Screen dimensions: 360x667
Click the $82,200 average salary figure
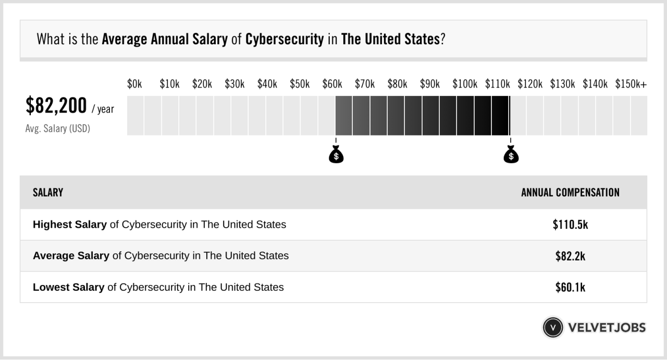56,106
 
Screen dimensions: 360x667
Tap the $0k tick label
134,84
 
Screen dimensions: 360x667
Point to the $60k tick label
332,84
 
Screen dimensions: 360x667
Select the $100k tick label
465,84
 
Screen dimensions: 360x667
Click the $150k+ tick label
631,84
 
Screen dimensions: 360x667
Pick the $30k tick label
234,84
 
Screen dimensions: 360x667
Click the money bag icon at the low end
336,155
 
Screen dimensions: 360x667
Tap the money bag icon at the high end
511,155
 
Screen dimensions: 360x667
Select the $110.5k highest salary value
570,225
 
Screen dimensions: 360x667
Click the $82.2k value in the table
570,256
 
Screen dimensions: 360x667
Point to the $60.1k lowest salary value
570,287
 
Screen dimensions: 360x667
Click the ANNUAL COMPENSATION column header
570,193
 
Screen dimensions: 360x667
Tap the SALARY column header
48,193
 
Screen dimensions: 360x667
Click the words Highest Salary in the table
69,225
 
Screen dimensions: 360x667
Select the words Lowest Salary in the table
68,287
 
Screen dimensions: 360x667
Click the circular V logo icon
553,327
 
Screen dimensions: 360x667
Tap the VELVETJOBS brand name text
607,328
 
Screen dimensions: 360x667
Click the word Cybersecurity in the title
285,40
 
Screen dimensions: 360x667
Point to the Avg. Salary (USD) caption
57,128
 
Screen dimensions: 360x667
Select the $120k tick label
530,84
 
